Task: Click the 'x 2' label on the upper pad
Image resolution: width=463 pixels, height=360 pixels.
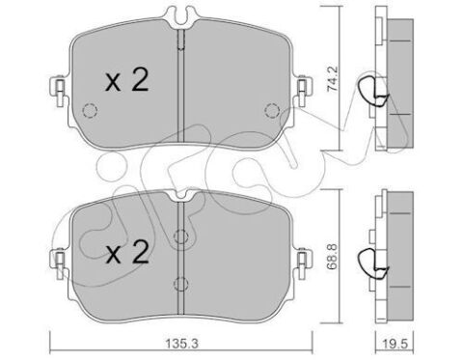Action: click(x=126, y=83)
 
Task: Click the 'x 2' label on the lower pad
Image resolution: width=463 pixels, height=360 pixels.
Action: click(x=126, y=255)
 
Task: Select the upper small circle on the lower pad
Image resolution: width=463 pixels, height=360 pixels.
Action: click(x=179, y=236)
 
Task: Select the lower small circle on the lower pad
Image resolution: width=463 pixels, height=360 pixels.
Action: click(x=179, y=281)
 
